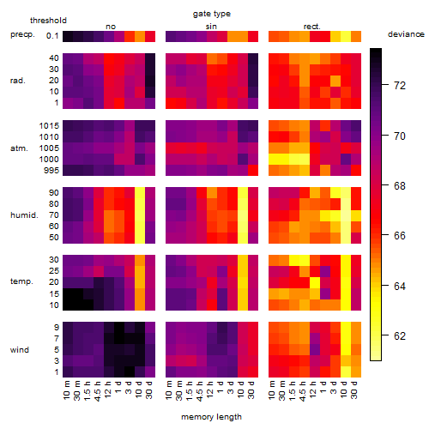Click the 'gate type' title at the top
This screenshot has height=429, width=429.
click(212, 14)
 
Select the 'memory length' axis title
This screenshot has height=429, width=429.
click(211, 417)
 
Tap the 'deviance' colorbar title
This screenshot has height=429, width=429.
click(406, 34)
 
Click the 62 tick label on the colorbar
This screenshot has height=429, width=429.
click(400, 335)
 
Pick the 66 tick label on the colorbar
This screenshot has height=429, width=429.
click(400, 236)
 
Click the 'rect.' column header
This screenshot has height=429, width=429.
click(312, 27)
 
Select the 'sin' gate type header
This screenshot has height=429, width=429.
click(211, 27)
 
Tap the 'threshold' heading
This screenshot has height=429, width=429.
click(48, 21)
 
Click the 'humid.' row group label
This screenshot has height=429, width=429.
click(24, 215)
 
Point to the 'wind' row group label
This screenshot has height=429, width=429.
click(20, 350)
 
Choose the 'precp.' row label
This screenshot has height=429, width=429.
click(22, 34)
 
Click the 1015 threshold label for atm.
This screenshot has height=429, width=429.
click(49, 126)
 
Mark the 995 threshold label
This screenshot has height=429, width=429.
click(51, 171)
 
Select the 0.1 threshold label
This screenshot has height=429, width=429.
click(52, 36)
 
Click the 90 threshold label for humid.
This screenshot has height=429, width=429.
click(54, 193)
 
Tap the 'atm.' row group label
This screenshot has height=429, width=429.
click(19, 148)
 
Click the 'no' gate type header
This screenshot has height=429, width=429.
click(111, 27)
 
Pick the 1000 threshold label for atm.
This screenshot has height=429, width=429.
click(49, 160)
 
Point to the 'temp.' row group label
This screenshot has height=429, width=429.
click(21, 281)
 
